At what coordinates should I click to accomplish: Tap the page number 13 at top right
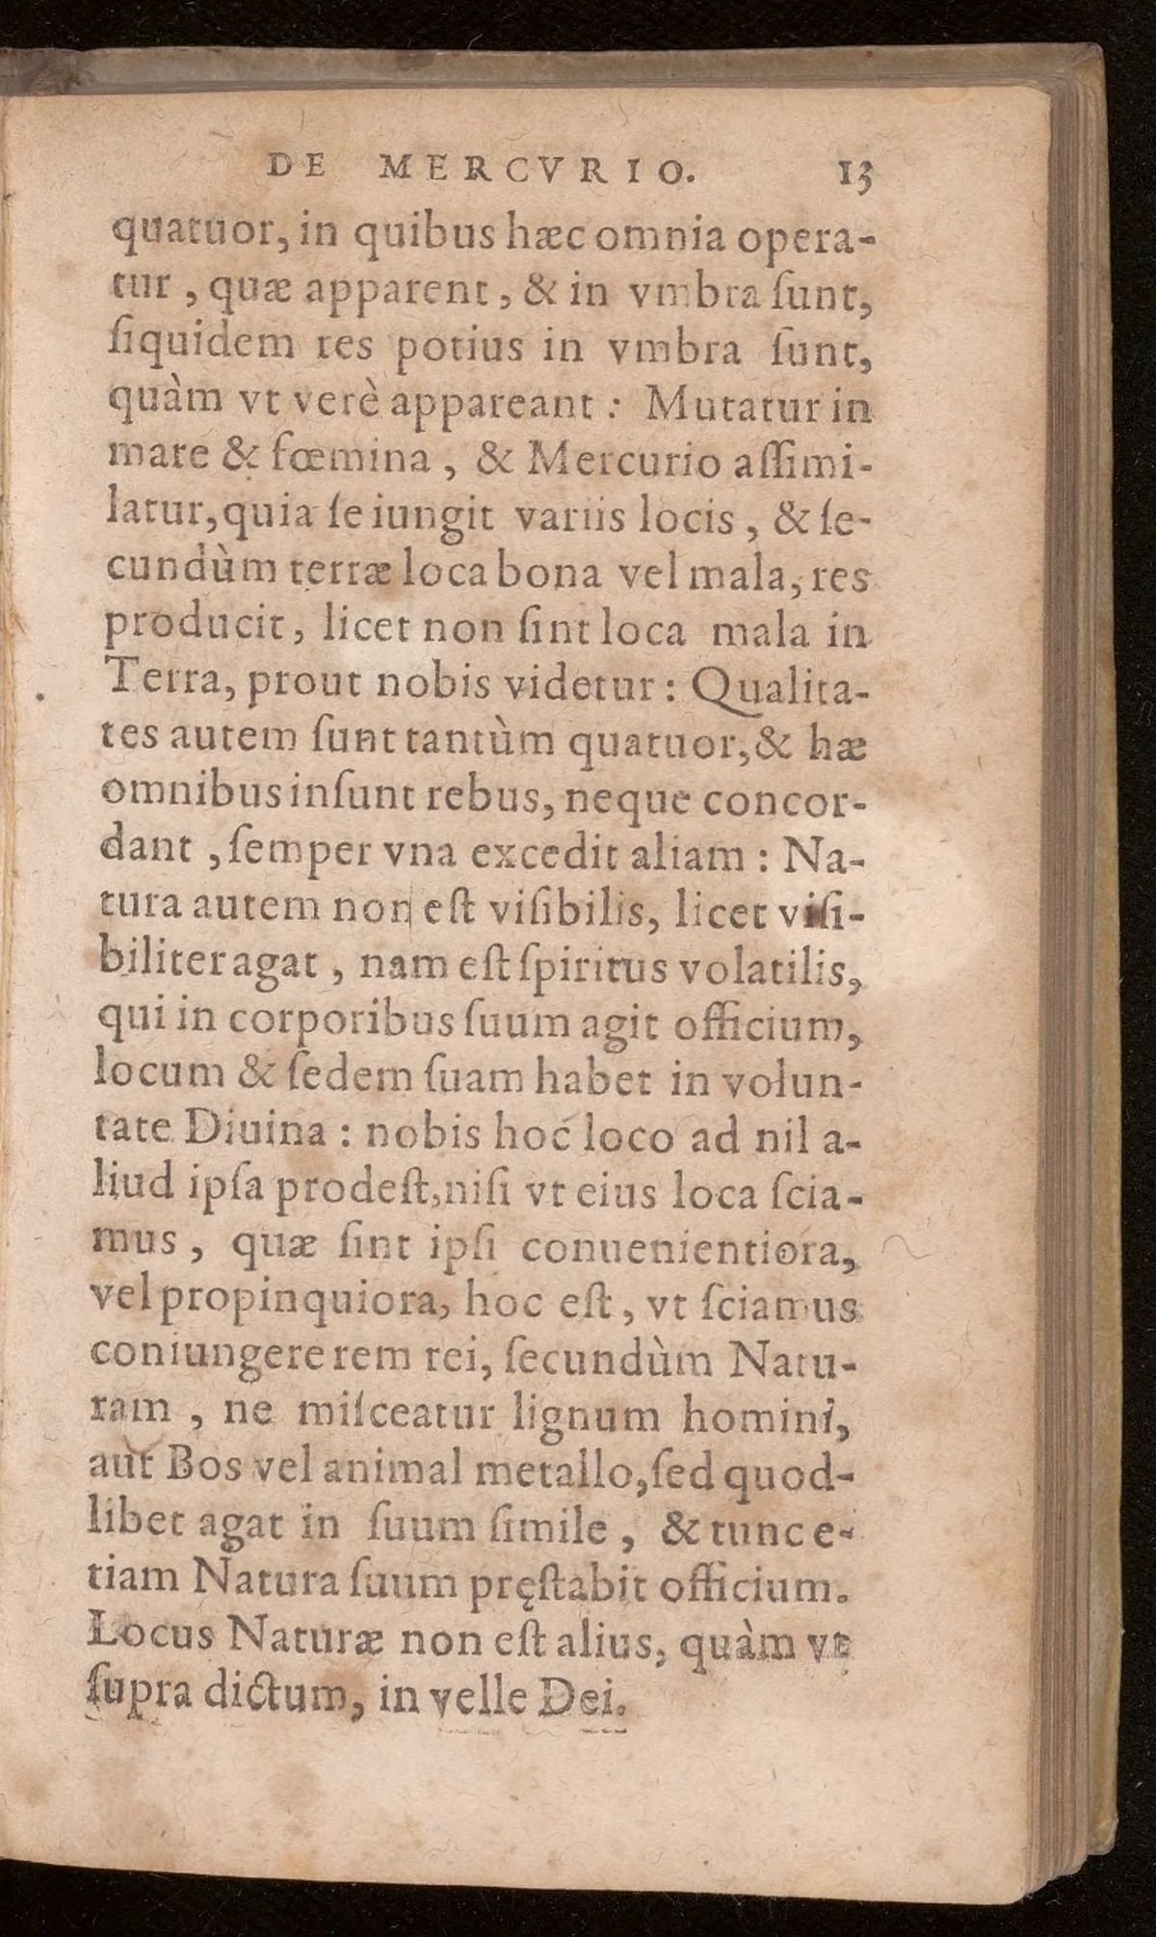pyautogui.click(x=854, y=172)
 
